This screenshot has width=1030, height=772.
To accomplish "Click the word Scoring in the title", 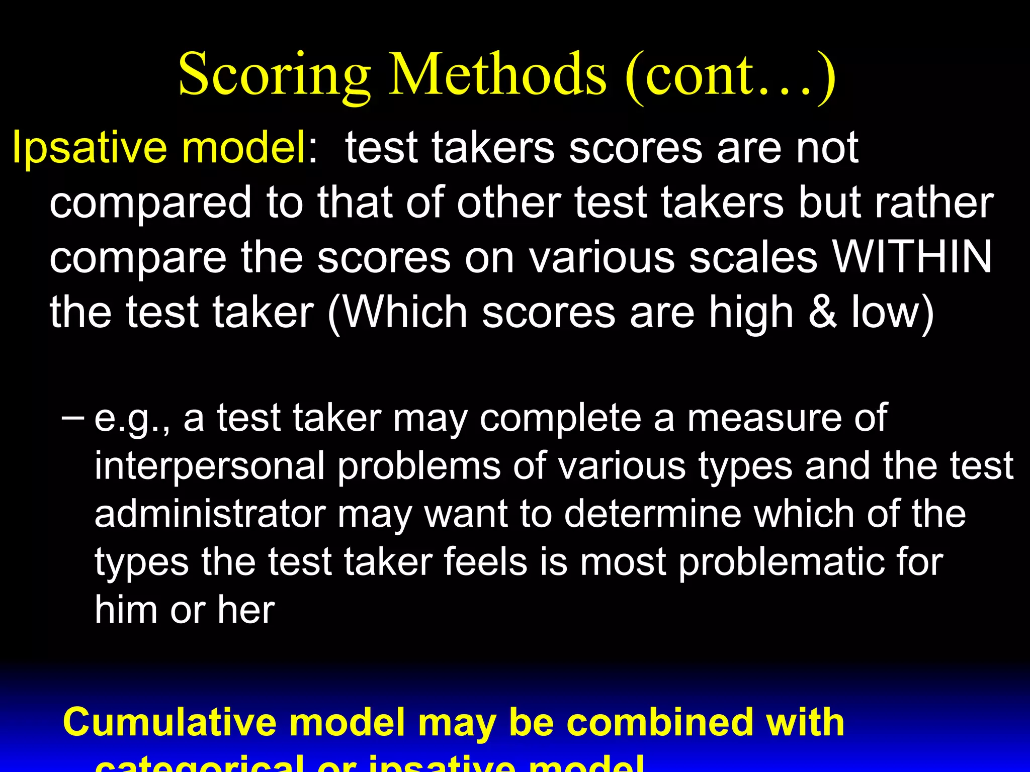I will tap(274, 75).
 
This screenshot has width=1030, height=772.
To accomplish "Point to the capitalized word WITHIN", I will tap(912, 256).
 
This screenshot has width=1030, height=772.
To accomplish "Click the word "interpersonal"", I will tap(210, 466).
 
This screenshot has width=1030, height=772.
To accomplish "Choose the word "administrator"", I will tap(210, 514).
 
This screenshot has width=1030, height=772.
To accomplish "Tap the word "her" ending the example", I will tap(246, 610).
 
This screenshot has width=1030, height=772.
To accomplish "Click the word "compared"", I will tap(150, 203).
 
